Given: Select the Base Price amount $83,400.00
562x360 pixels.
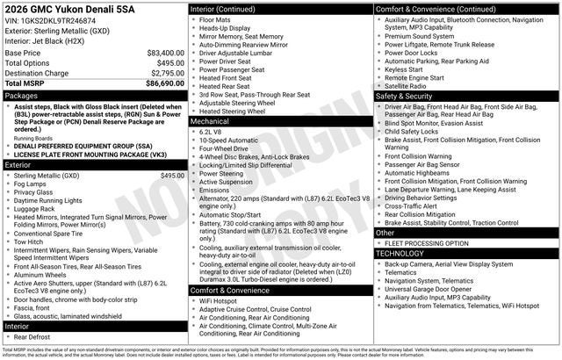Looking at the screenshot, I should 165,53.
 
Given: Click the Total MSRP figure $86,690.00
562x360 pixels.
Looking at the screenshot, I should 165,83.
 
